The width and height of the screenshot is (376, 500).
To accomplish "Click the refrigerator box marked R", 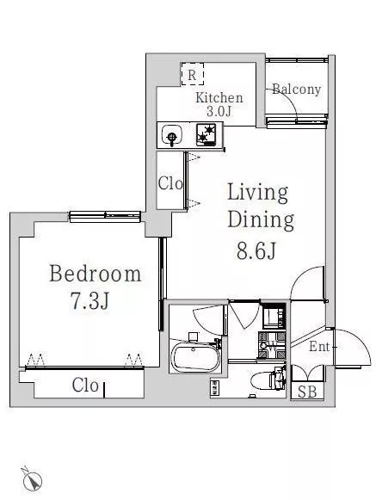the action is tap(193, 74).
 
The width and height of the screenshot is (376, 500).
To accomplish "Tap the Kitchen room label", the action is tap(219, 97).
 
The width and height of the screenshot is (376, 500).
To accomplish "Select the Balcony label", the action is tap(296, 90).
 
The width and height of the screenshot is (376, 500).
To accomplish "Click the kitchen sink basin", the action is tap(171, 135).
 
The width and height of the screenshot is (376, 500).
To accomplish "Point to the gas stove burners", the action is tap(206, 134).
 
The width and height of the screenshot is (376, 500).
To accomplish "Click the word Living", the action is tap(257, 193).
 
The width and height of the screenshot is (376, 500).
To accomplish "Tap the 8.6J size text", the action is tap(256, 250).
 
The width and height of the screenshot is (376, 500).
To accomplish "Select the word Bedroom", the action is tap(95, 274).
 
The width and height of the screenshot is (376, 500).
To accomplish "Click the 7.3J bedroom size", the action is tap(89, 301).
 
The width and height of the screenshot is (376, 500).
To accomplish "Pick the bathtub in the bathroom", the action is tap(195, 357).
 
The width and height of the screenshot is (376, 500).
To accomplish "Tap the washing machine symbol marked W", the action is tap(272, 346).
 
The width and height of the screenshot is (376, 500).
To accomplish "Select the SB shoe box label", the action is tap(307, 392).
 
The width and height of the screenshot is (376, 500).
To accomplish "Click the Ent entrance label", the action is tap(318, 346).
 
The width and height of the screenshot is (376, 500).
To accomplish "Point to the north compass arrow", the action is tap(32, 478).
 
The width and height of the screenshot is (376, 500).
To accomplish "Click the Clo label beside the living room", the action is tap(170, 183).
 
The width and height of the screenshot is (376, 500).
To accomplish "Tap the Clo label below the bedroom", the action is tap(85, 386).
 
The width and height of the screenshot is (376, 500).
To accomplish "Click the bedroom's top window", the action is tap(105, 216).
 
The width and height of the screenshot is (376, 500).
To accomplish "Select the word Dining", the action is tap(261, 220).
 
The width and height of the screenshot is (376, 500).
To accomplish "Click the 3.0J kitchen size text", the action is tap(219, 111).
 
